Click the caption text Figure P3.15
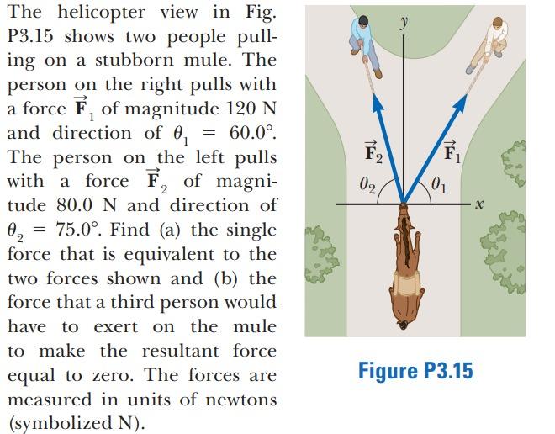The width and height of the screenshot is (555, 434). [415, 370]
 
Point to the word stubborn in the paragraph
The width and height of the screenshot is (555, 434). [135, 61]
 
